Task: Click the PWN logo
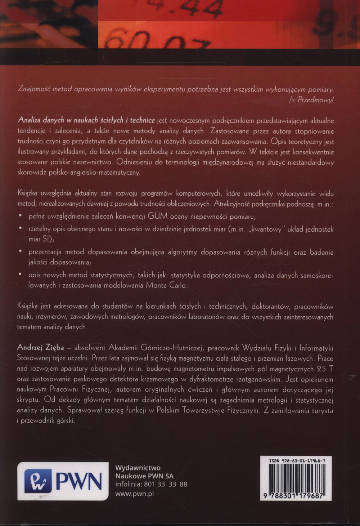click(x=63, y=481)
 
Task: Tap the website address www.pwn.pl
click(x=134, y=494)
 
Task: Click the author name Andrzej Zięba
click(x=40, y=348)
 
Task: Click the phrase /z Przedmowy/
click(x=311, y=100)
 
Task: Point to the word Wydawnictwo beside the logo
click(x=138, y=468)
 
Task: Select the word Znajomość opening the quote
click(x=34, y=89)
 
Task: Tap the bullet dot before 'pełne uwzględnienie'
click(x=21, y=216)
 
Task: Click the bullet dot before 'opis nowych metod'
click(x=21, y=275)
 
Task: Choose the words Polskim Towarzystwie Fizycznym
click(x=208, y=410)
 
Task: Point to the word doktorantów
click(x=270, y=307)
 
